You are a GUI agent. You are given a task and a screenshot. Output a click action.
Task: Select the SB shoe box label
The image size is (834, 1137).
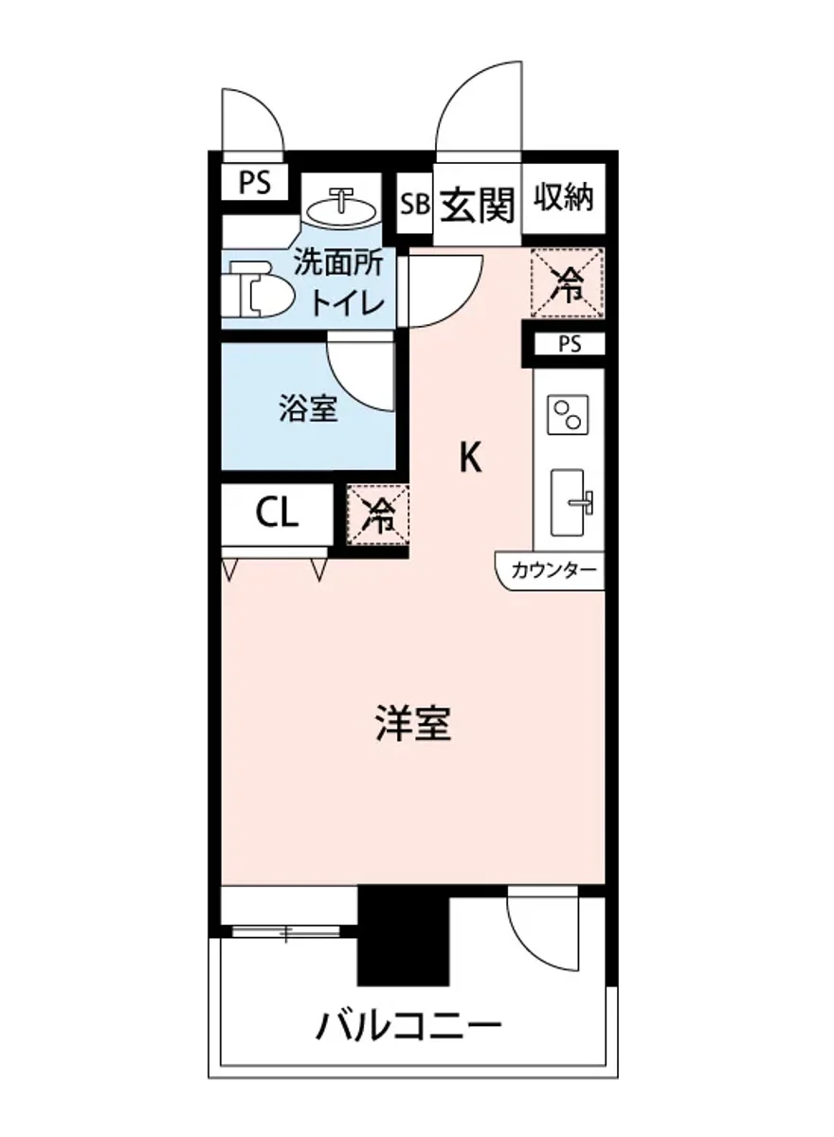(x=414, y=204)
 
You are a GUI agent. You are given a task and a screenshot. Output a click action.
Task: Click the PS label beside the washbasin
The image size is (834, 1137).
(x=253, y=181)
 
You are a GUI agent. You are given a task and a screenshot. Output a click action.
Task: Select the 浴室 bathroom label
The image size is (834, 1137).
(x=308, y=409)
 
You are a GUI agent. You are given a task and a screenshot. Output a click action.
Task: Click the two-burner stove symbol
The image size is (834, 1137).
(x=569, y=415)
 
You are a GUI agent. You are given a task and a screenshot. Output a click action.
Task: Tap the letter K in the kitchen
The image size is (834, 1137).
(x=471, y=460)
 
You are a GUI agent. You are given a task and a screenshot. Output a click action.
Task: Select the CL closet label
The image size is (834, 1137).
(x=277, y=514)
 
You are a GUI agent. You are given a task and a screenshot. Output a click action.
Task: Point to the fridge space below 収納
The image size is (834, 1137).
(x=568, y=282)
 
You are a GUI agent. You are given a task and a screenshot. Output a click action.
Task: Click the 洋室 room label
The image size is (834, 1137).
(x=412, y=725)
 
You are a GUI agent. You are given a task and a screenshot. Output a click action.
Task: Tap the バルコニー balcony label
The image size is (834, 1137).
(x=408, y=1026)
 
